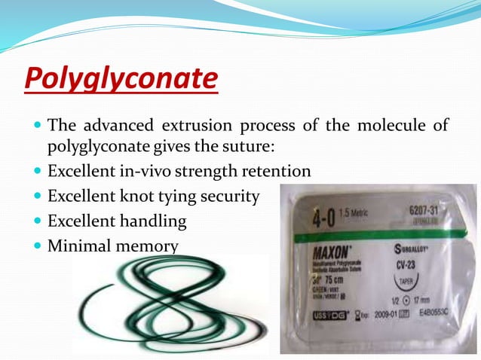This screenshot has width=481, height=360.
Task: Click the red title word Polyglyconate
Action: pyautogui.click(x=121, y=78)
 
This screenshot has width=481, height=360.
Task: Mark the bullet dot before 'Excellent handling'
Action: pyautogui.click(x=37, y=221)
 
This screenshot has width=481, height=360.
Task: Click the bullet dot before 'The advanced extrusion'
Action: pyautogui.click(x=37, y=125)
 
